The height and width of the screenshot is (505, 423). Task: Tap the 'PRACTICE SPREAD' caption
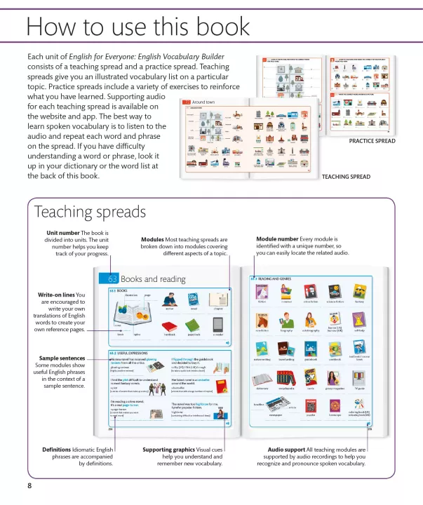coord(372,141)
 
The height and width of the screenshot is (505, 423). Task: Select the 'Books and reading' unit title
coord(153,279)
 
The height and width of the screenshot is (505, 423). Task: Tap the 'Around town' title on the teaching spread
coord(203,102)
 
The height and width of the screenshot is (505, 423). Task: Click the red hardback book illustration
coord(170,326)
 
